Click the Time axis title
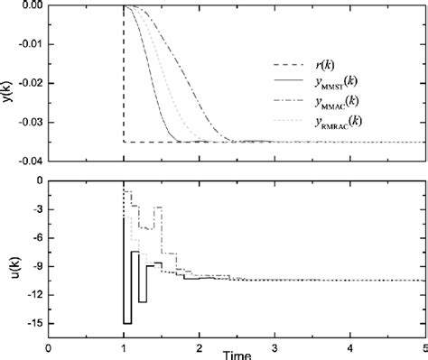(x=237, y=355)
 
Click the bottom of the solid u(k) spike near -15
(x=127, y=323)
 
